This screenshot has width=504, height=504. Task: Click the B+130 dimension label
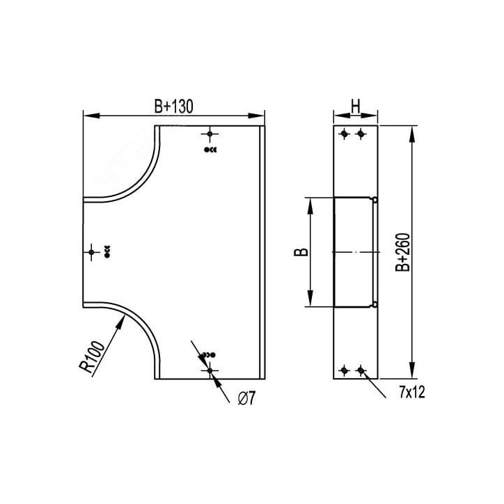(173, 107)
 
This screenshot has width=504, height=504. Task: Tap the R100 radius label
(93, 356)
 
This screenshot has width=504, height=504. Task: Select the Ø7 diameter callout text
(246, 399)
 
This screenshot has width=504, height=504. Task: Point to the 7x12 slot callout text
(412, 392)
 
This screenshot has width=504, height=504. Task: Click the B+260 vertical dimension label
(403, 252)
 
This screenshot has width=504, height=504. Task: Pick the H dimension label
(356, 107)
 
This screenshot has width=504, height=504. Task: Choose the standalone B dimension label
(301, 252)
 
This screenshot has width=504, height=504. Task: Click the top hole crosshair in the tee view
(210, 134)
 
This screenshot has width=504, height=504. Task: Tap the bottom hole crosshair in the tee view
(210, 370)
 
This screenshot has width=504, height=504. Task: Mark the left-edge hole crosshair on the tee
(91, 252)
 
